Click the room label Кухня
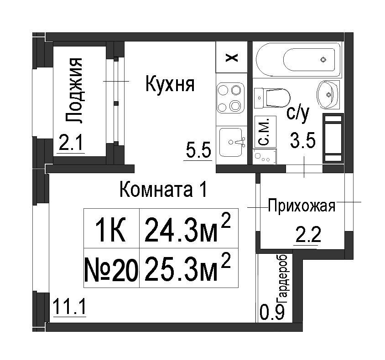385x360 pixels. [x=170, y=84]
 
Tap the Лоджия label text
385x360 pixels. [x=73, y=90]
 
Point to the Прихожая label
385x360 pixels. [x=302, y=206]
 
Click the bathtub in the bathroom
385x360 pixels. [x=298, y=60]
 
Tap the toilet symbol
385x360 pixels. [x=272, y=98]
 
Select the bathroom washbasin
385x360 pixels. [x=328, y=94]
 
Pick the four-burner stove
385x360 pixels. [x=231, y=98]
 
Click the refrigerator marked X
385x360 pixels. [x=232, y=57]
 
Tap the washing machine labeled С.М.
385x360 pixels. [x=265, y=132]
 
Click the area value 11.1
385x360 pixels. [x=69, y=307]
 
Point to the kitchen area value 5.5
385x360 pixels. [x=198, y=150]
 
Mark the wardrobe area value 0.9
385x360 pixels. [x=272, y=312]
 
